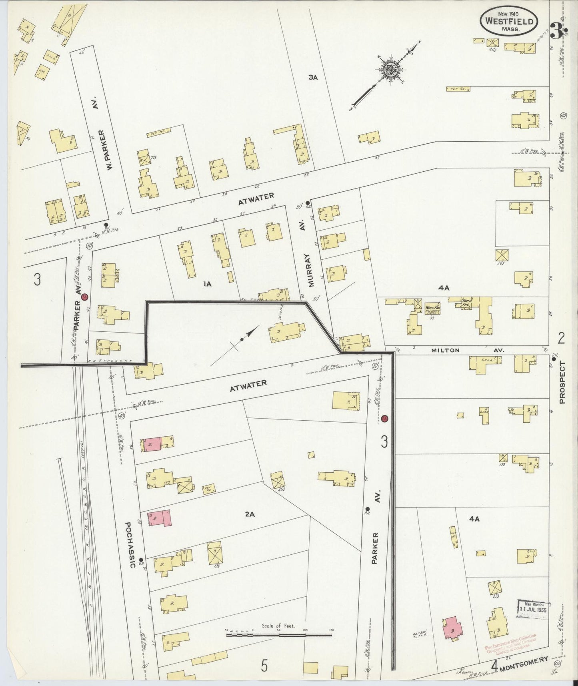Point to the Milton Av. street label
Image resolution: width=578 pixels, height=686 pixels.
coord(467,350)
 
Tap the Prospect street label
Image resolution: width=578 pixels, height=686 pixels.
coord(563,382)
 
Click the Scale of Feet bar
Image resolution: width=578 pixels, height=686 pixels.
coord(279,632)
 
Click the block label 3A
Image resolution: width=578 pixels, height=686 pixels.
coord(313,78)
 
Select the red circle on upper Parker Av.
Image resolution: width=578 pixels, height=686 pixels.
coord(84,297)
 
